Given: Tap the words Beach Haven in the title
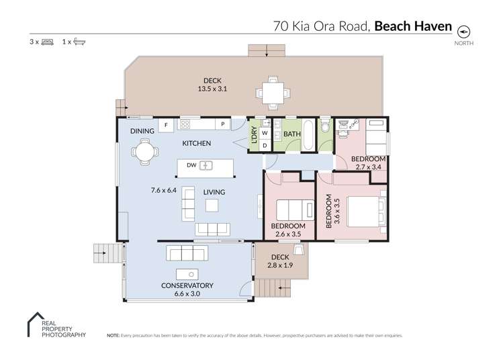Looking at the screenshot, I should [x=411, y=27].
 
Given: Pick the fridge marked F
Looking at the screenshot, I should [x=165, y=125].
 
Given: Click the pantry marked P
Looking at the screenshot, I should [x=222, y=125].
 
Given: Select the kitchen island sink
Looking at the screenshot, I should [x=206, y=165].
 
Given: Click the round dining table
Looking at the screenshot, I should [x=144, y=152].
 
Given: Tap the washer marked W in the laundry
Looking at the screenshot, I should [x=265, y=133].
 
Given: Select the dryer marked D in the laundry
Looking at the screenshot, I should [x=265, y=144].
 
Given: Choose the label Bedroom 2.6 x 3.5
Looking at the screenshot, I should [x=288, y=230].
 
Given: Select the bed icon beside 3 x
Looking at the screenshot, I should [x=47, y=42].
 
